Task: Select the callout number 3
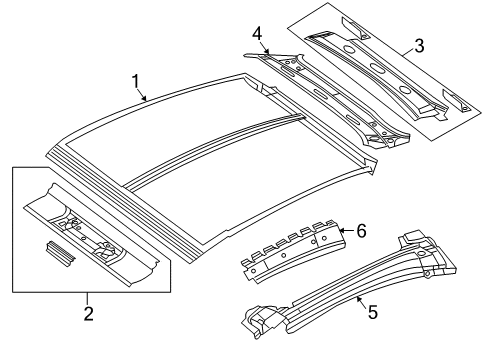tap(420, 44)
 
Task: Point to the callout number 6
tap(361, 232)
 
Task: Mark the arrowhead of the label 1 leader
tap(148, 100)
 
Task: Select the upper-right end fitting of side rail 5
tap(416, 251)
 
